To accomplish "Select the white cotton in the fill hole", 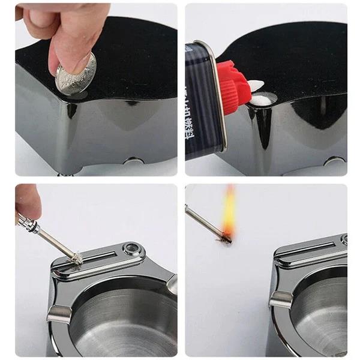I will point(260,98).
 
